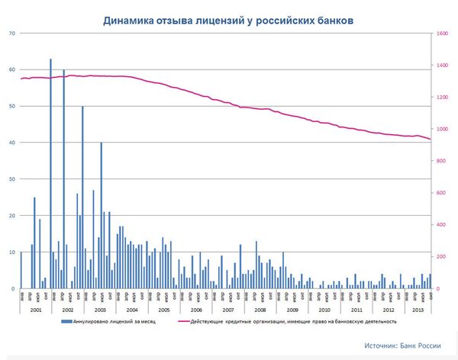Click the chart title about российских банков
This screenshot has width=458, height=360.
coord(228,20)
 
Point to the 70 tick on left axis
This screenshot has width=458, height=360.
coord(11,34)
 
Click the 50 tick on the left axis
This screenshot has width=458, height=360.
coord(11,107)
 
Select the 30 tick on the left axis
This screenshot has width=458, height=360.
coord(11,179)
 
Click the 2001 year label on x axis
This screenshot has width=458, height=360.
coord(35,310)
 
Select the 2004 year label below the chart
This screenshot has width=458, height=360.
coord(132,310)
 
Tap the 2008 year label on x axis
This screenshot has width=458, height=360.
coord(260,310)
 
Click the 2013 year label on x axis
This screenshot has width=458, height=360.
coord(418,310)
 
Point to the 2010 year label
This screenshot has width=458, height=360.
coord(324,310)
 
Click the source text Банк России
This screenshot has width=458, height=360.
coord(402,346)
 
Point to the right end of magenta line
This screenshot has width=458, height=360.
coord(431,140)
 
